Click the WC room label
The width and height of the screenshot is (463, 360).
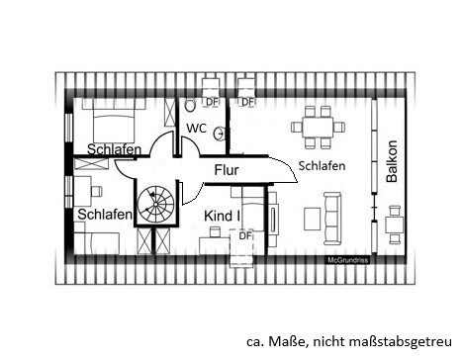pyautogui.click(x=196, y=129)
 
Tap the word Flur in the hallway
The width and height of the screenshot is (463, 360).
pyautogui.click(x=227, y=170)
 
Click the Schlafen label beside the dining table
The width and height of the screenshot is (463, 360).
pyautogui.click(x=322, y=166)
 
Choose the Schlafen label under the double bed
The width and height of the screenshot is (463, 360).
pyautogui.click(x=113, y=150)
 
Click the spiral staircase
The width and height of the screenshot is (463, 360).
pyautogui.click(x=154, y=206)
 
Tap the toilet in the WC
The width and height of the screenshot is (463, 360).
pyautogui.click(x=190, y=105)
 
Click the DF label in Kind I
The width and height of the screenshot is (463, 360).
pyautogui.click(x=244, y=236)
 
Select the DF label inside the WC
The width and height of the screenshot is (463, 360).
pyautogui.click(x=211, y=102)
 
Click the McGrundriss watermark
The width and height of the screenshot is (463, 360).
pyautogui.click(x=349, y=260)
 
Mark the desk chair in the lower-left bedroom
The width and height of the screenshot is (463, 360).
pyautogui.click(x=96, y=189)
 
